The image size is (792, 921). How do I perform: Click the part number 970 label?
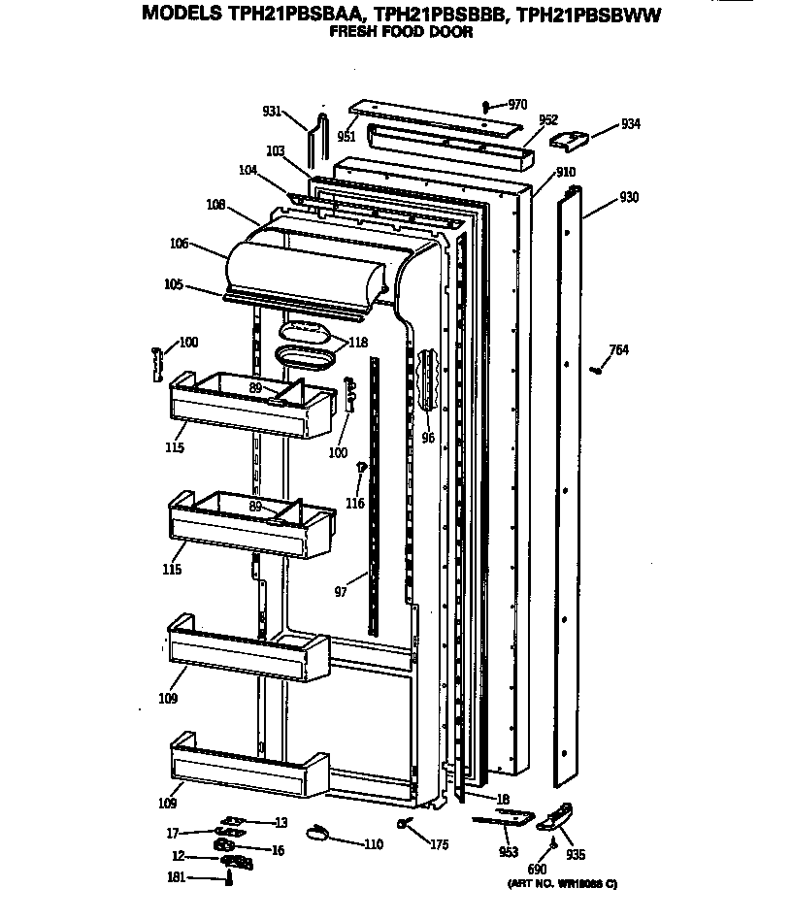click(517, 104)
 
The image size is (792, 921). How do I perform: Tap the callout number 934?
click(631, 124)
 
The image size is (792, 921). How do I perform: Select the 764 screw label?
click(618, 350)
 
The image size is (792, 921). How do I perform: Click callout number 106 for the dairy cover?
click(179, 245)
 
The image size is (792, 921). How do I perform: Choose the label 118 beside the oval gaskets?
click(359, 342)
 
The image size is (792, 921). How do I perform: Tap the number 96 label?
click(428, 438)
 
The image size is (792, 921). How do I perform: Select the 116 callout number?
click(355, 504)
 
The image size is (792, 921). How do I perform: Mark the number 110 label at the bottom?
click(373, 844)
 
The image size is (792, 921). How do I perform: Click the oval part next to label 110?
click(318, 833)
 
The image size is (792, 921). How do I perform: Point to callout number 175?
click(439, 844)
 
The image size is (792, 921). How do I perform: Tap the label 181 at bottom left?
click(176, 879)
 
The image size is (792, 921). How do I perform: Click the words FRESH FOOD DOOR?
click(401, 32)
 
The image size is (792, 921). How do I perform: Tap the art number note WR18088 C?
click(562, 883)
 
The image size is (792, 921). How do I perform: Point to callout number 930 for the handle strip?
click(629, 198)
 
